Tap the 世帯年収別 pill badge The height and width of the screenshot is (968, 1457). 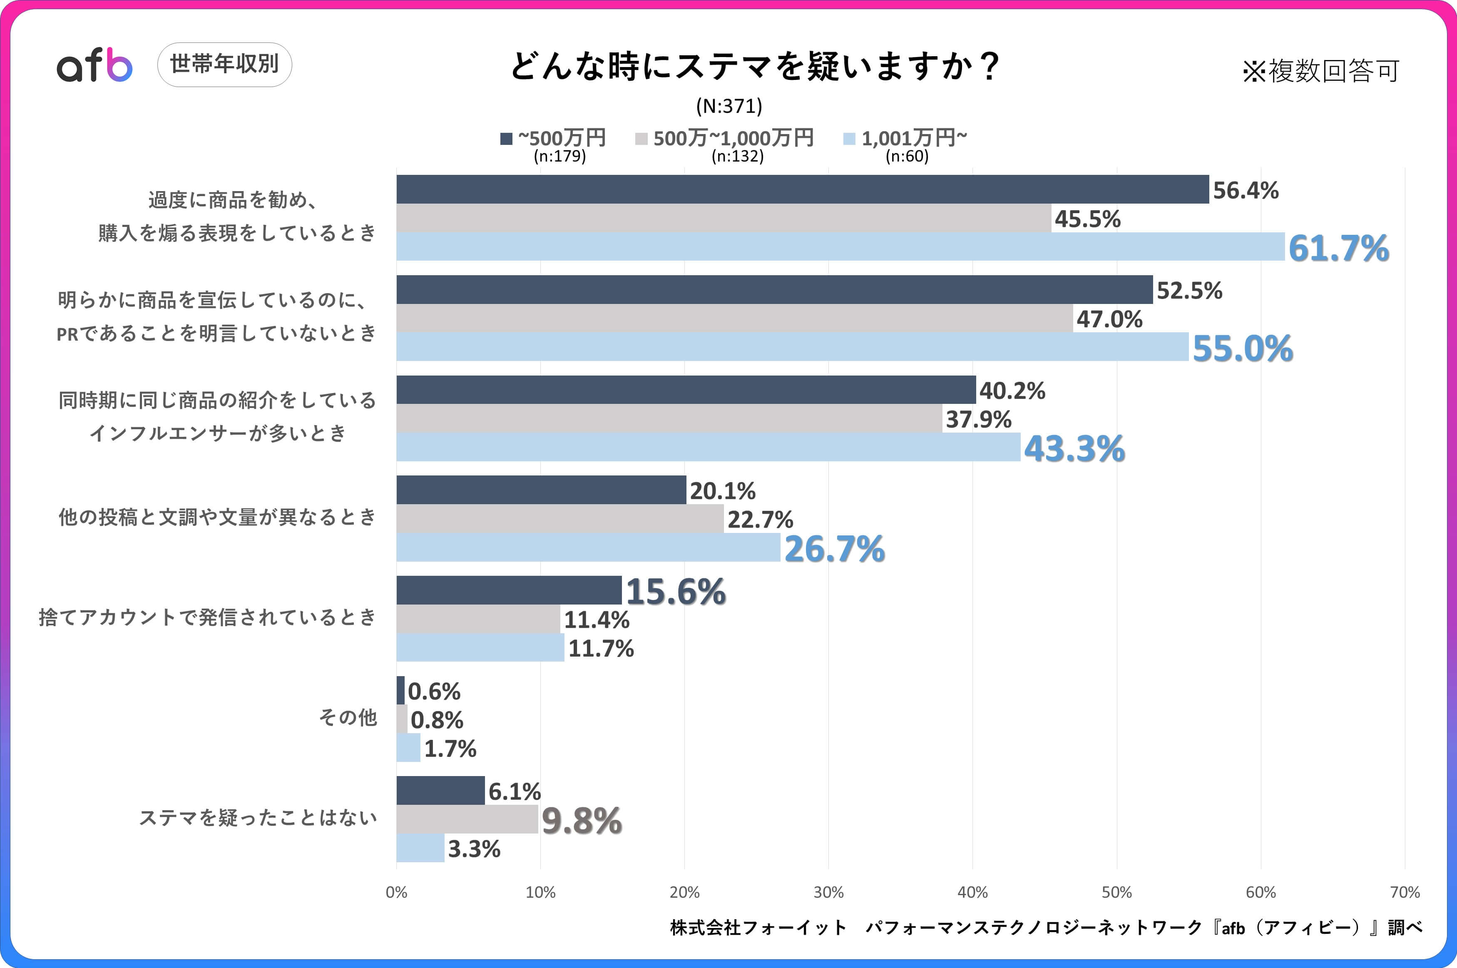(x=225, y=64)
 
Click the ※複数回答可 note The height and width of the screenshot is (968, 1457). (x=1320, y=71)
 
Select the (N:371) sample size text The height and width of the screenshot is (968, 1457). (x=729, y=106)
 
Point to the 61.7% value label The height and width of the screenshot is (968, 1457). (x=1338, y=248)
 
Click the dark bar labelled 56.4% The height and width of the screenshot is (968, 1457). (x=802, y=189)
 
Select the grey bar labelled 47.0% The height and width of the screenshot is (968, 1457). (x=734, y=319)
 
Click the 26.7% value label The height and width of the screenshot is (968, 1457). (x=834, y=549)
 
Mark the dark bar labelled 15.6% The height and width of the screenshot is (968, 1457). (x=509, y=590)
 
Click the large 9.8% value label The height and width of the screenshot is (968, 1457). (x=581, y=821)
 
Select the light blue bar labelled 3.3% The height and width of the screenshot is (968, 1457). (x=420, y=848)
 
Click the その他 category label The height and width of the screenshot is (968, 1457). (x=348, y=717)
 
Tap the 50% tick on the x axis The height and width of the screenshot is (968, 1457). (x=1116, y=892)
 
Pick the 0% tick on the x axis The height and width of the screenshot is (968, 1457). (x=396, y=892)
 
